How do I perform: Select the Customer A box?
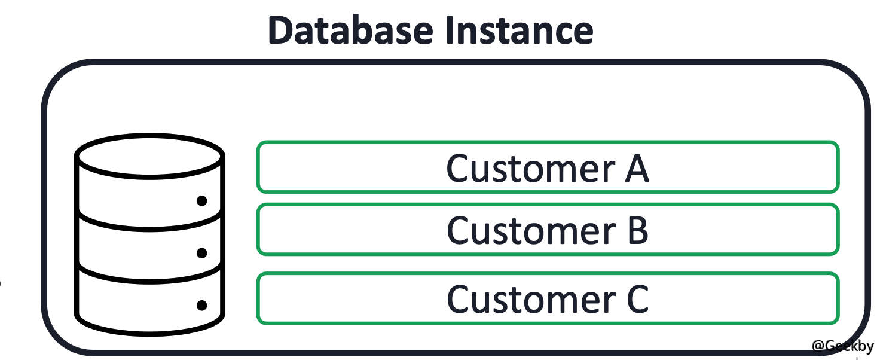[x=548, y=167]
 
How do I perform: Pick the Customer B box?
[x=548, y=230]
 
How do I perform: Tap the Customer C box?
[x=548, y=298]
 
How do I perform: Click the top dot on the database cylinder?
[x=201, y=201]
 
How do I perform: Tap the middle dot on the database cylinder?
[x=201, y=253]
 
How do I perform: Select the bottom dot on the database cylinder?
[x=201, y=305]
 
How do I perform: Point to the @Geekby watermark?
[x=842, y=346]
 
